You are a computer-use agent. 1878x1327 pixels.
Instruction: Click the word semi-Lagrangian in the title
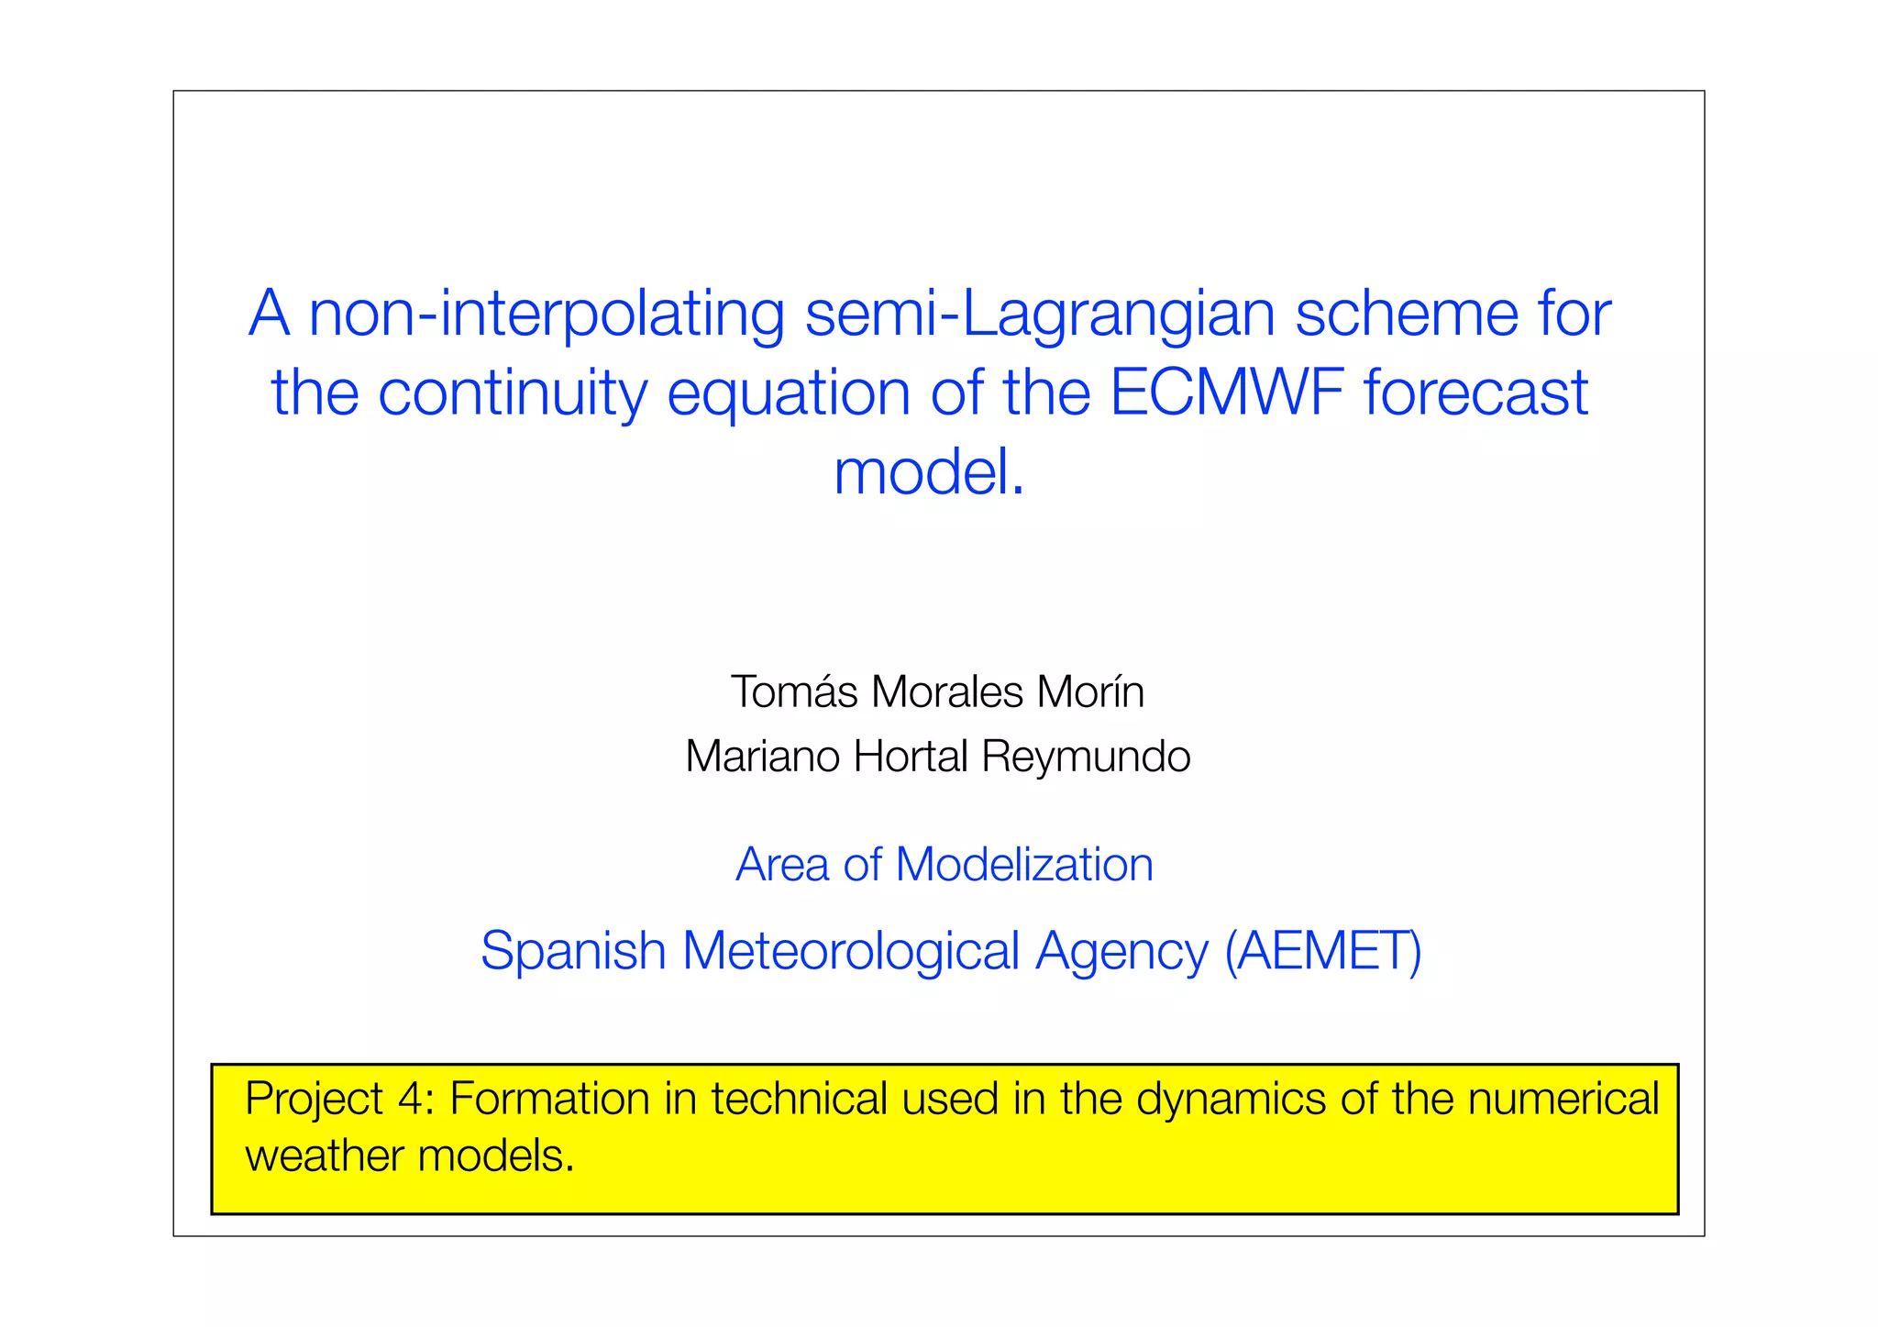pos(1040,315)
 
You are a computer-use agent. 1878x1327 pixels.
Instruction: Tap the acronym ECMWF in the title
pos(1226,393)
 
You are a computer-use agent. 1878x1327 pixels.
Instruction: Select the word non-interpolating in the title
pos(546,315)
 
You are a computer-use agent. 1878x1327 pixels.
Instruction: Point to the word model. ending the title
pos(928,472)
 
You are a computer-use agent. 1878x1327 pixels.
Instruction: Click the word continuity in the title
pos(512,393)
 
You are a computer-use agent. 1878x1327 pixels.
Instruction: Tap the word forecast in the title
pos(1475,393)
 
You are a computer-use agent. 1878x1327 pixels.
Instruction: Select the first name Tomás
pos(794,691)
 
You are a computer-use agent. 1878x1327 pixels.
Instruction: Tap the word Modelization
pos(1023,865)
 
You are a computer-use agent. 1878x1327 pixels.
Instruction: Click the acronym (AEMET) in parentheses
pos(1322,950)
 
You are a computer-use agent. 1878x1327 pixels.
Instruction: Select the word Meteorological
pos(850,950)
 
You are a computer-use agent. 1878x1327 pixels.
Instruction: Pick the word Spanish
pos(572,952)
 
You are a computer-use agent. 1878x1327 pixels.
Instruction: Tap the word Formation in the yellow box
pos(548,1099)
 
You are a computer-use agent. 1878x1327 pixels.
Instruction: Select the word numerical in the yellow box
pos(1563,1099)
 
